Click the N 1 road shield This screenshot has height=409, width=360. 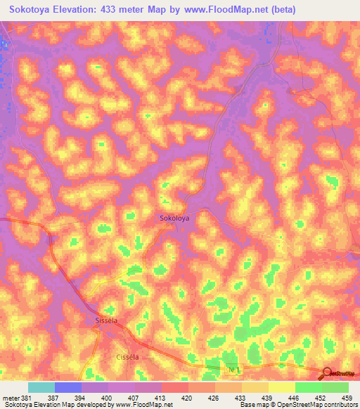pos(234,369)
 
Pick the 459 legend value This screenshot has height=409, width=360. pos(347,397)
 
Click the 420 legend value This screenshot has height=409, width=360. pos(188,397)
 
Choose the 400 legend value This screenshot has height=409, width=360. pos(108,397)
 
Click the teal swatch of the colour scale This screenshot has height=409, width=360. pos(41,387)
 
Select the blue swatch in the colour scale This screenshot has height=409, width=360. pos(68,387)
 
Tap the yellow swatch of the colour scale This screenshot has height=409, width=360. pos(281,387)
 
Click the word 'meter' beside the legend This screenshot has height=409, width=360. pos(10,397)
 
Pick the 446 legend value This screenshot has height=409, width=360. pos(295,397)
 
